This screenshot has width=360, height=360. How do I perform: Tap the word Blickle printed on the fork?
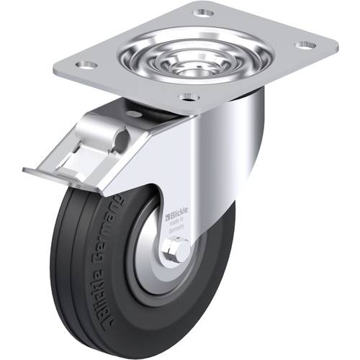coord(179,214)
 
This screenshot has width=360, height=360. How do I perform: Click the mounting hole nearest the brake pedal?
coord(87,65)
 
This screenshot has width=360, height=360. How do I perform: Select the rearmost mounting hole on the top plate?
coord(204,13)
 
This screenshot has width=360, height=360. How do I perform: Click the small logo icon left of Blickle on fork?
coord(167,214)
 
